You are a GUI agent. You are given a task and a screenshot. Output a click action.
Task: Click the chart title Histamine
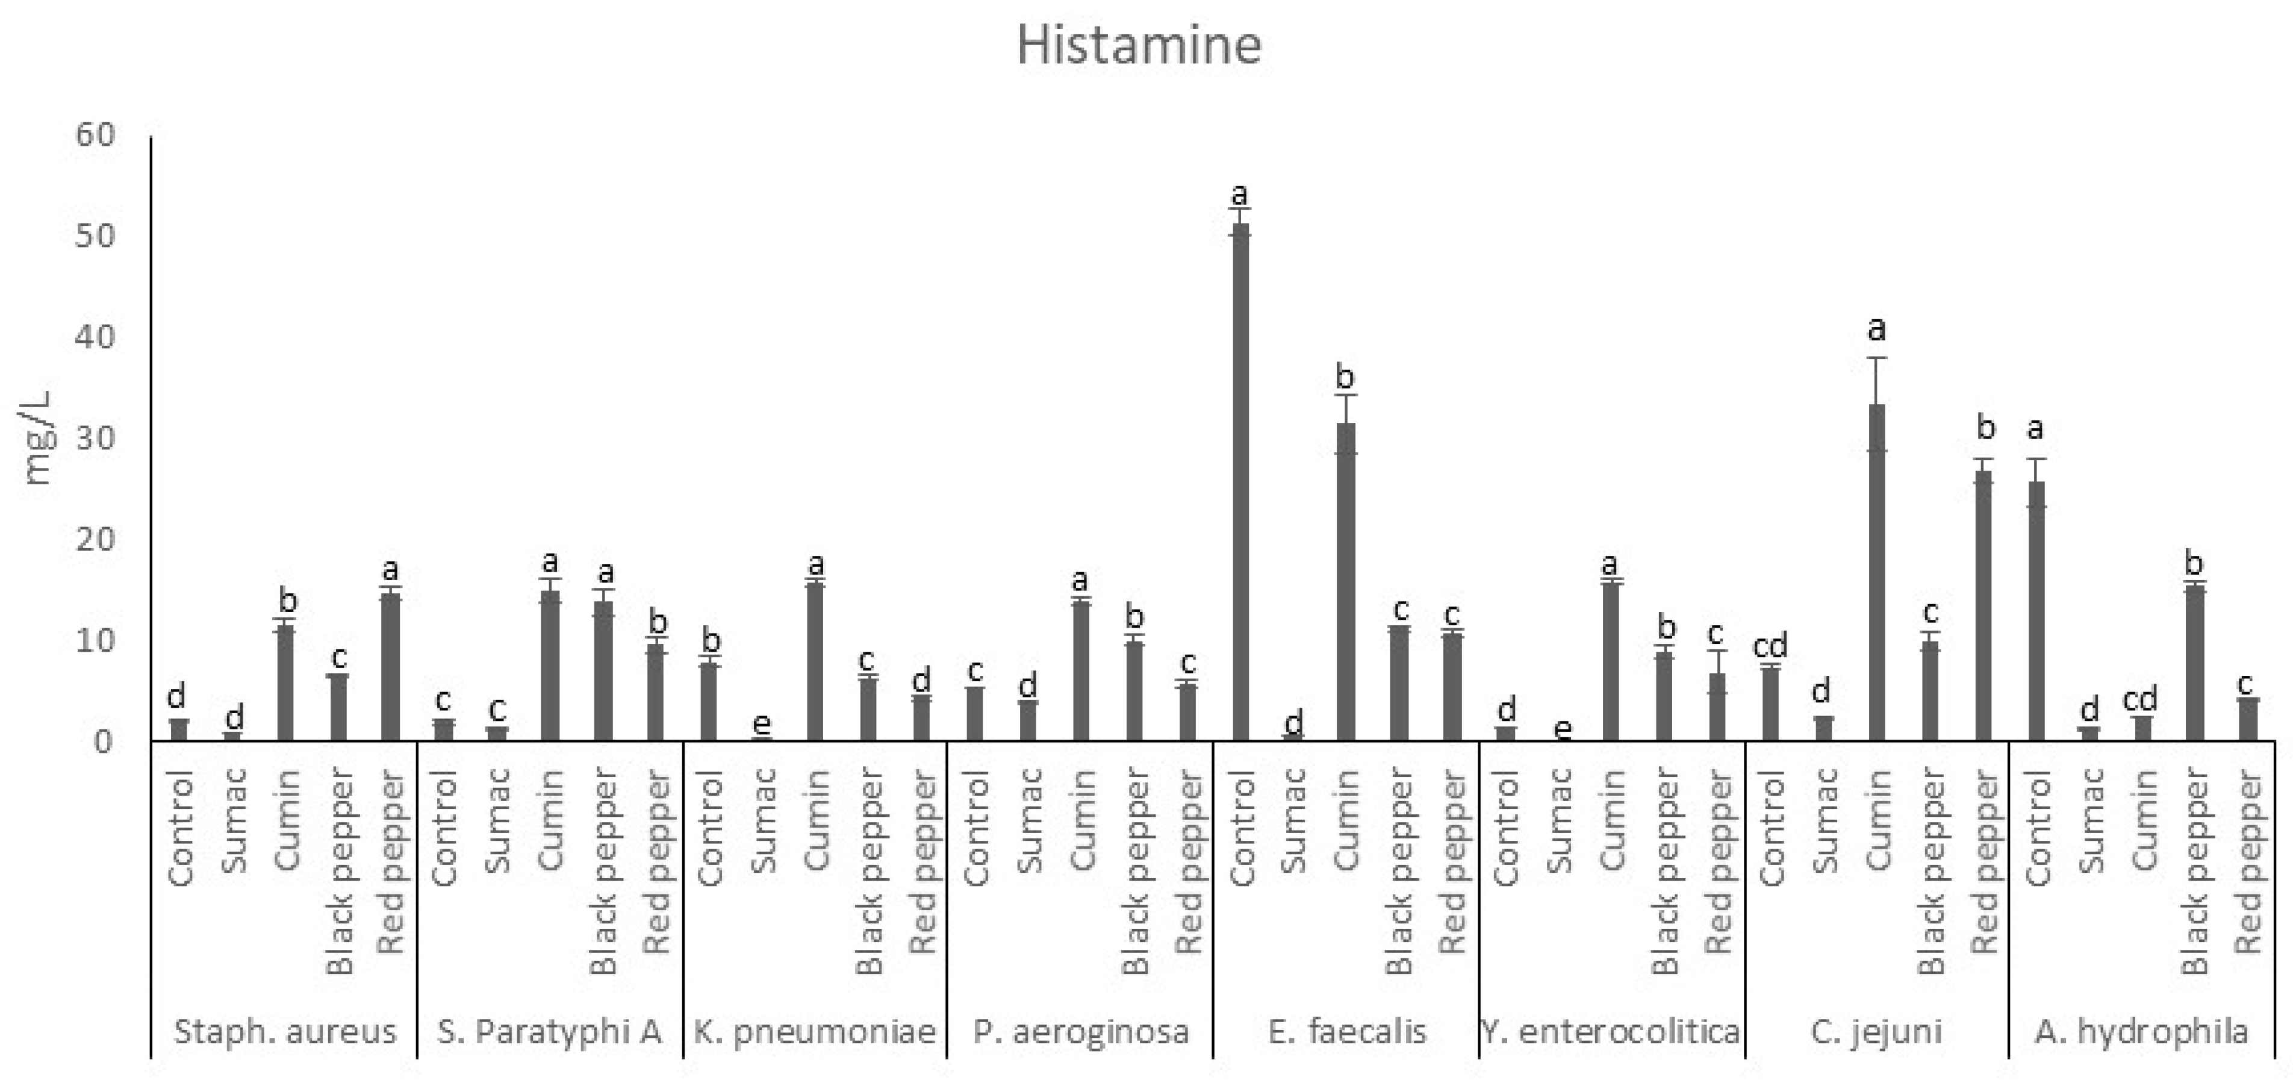1139,45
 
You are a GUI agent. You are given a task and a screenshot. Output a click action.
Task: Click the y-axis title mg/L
37,438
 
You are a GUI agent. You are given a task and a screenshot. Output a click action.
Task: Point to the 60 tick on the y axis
95,136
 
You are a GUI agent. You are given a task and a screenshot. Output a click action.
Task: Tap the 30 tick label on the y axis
95,439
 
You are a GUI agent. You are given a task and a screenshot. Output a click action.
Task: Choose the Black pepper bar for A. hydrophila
2195,663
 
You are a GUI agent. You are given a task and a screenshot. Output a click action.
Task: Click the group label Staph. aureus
285,1032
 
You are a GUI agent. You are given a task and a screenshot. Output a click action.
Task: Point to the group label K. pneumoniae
815,1032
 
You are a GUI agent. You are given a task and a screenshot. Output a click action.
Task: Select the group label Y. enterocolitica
1611,1032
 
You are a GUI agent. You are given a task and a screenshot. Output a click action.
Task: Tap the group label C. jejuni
1876,1032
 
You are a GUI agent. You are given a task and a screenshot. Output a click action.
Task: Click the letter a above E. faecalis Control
1239,194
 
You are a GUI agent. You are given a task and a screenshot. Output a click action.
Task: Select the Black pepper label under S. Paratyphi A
603,873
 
